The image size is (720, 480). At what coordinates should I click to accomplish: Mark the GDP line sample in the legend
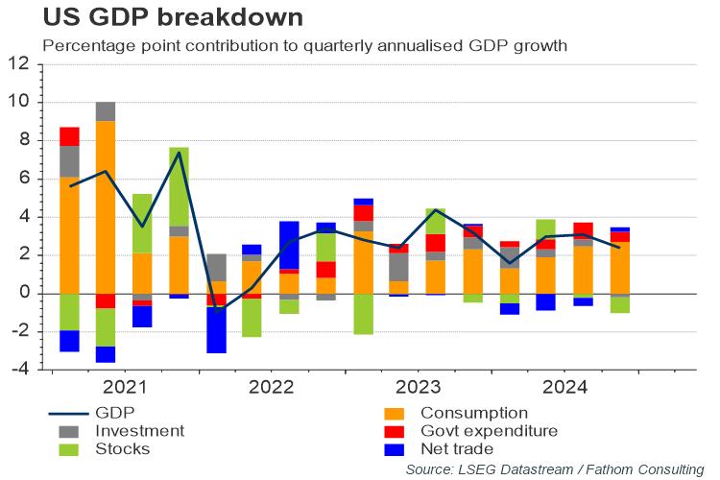[73, 413]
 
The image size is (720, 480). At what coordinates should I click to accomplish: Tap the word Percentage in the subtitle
[84, 45]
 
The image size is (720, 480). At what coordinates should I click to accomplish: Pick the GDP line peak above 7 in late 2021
[179, 153]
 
